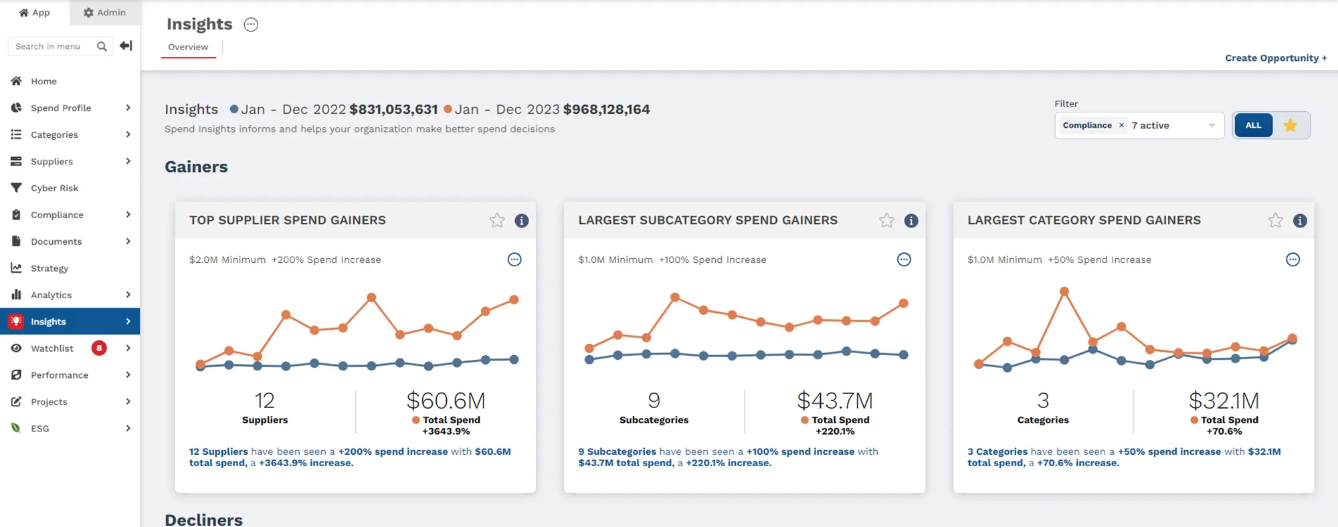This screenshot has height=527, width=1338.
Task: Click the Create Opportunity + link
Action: click(x=1275, y=58)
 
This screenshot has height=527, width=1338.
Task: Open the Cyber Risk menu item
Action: click(x=54, y=188)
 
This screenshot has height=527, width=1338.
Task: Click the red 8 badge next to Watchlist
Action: click(x=99, y=348)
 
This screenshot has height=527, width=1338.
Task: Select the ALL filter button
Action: click(x=1253, y=125)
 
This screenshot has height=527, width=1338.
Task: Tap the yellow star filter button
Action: click(x=1291, y=125)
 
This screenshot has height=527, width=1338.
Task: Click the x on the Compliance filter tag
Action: click(x=1121, y=125)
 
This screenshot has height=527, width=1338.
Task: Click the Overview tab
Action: click(x=188, y=47)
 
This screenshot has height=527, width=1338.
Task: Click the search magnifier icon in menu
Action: click(x=102, y=46)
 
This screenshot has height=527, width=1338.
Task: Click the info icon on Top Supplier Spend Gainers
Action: click(x=522, y=221)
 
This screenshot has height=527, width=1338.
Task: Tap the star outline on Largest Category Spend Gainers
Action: click(x=1275, y=221)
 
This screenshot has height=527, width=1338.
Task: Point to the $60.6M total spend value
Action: click(x=446, y=401)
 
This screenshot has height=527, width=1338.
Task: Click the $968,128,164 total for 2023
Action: click(x=606, y=109)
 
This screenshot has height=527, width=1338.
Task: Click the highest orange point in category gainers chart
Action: click(x=1064, y=292)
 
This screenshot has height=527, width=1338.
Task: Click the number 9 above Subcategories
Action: click(x=654, y=401)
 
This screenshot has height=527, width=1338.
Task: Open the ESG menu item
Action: click(x=40, y=429)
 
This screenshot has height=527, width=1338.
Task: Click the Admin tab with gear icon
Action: click(x=105, y=13)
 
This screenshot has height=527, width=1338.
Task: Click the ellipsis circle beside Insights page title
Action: click(x=251, y=25)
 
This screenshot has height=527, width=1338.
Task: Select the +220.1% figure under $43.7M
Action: click(x=835, y=431)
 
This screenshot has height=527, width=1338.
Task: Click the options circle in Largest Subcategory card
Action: click(x=904, y=259)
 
